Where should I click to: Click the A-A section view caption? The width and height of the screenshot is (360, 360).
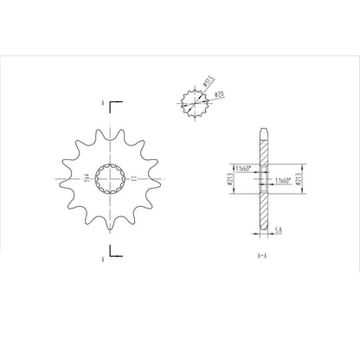262,257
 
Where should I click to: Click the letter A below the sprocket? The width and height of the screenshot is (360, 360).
102,257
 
